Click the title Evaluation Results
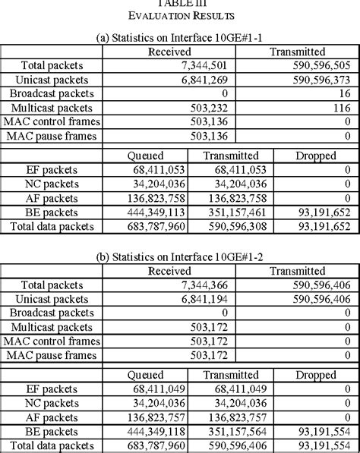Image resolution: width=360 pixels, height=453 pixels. point(180,14)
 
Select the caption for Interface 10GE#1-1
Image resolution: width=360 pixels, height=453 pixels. point(180,37)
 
